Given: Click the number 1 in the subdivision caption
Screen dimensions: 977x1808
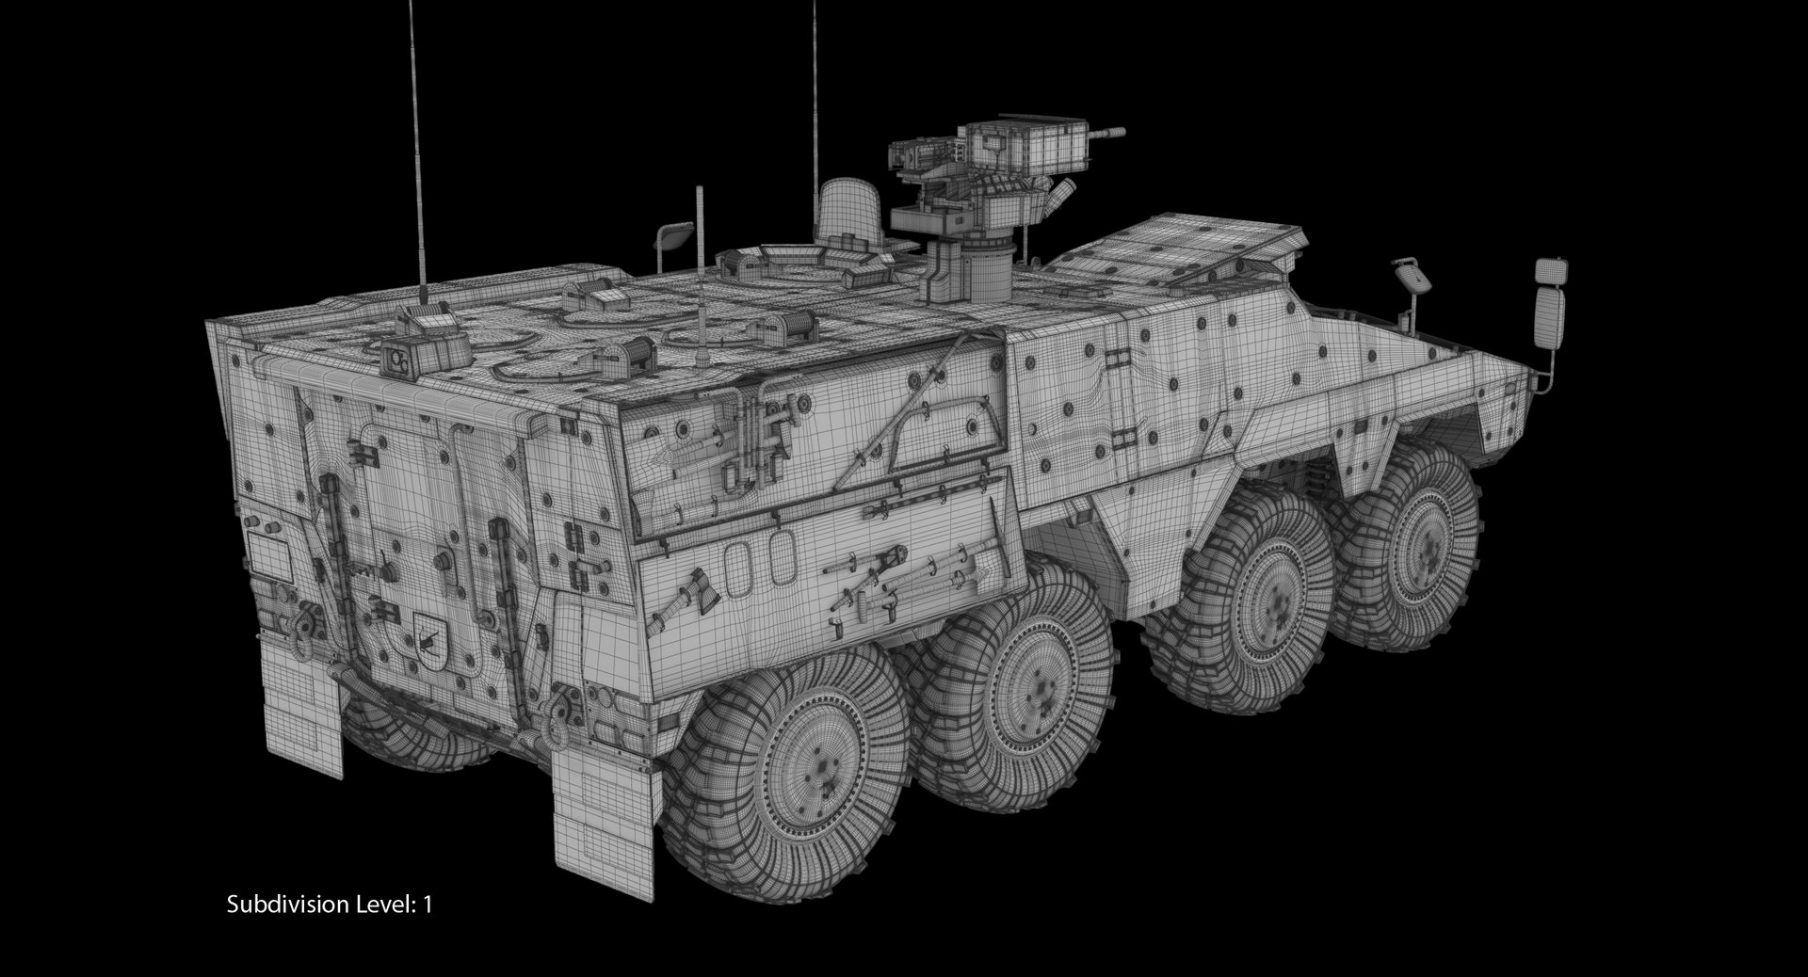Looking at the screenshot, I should point(428,905).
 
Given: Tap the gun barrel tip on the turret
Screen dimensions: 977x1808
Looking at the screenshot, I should point(1121,133).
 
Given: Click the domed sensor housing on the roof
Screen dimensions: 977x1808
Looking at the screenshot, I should point(848,212).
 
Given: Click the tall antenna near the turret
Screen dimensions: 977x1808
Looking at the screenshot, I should point(815,113).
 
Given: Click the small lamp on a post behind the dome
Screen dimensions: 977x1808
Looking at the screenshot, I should point(676,232).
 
